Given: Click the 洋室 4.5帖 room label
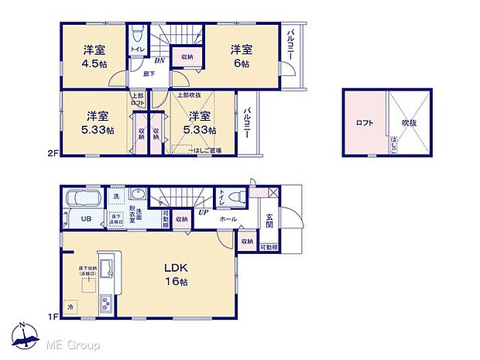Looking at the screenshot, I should (95, 57).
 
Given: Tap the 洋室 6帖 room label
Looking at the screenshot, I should (241, 57).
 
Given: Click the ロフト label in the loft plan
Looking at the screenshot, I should (364, 122).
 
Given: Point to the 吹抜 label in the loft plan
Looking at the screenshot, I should (410, 122).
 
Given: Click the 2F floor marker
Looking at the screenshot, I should (53, 154).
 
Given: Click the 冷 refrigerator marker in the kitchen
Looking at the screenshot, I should (70, 307).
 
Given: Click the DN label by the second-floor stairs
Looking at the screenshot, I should (159, 60).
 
